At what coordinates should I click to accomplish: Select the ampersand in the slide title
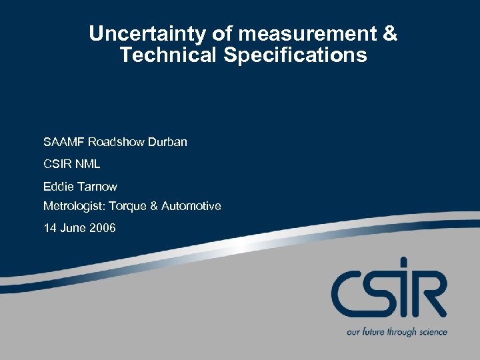[x=389, y=33]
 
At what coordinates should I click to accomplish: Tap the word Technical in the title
[x=169, y=55]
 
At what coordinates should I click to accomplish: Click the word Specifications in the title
[x=295, y=55]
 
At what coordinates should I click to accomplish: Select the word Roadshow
[x=114, y=142]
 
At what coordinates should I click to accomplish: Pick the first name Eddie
[x=57, y=186]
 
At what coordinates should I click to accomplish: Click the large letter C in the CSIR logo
[x=349, y=293]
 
